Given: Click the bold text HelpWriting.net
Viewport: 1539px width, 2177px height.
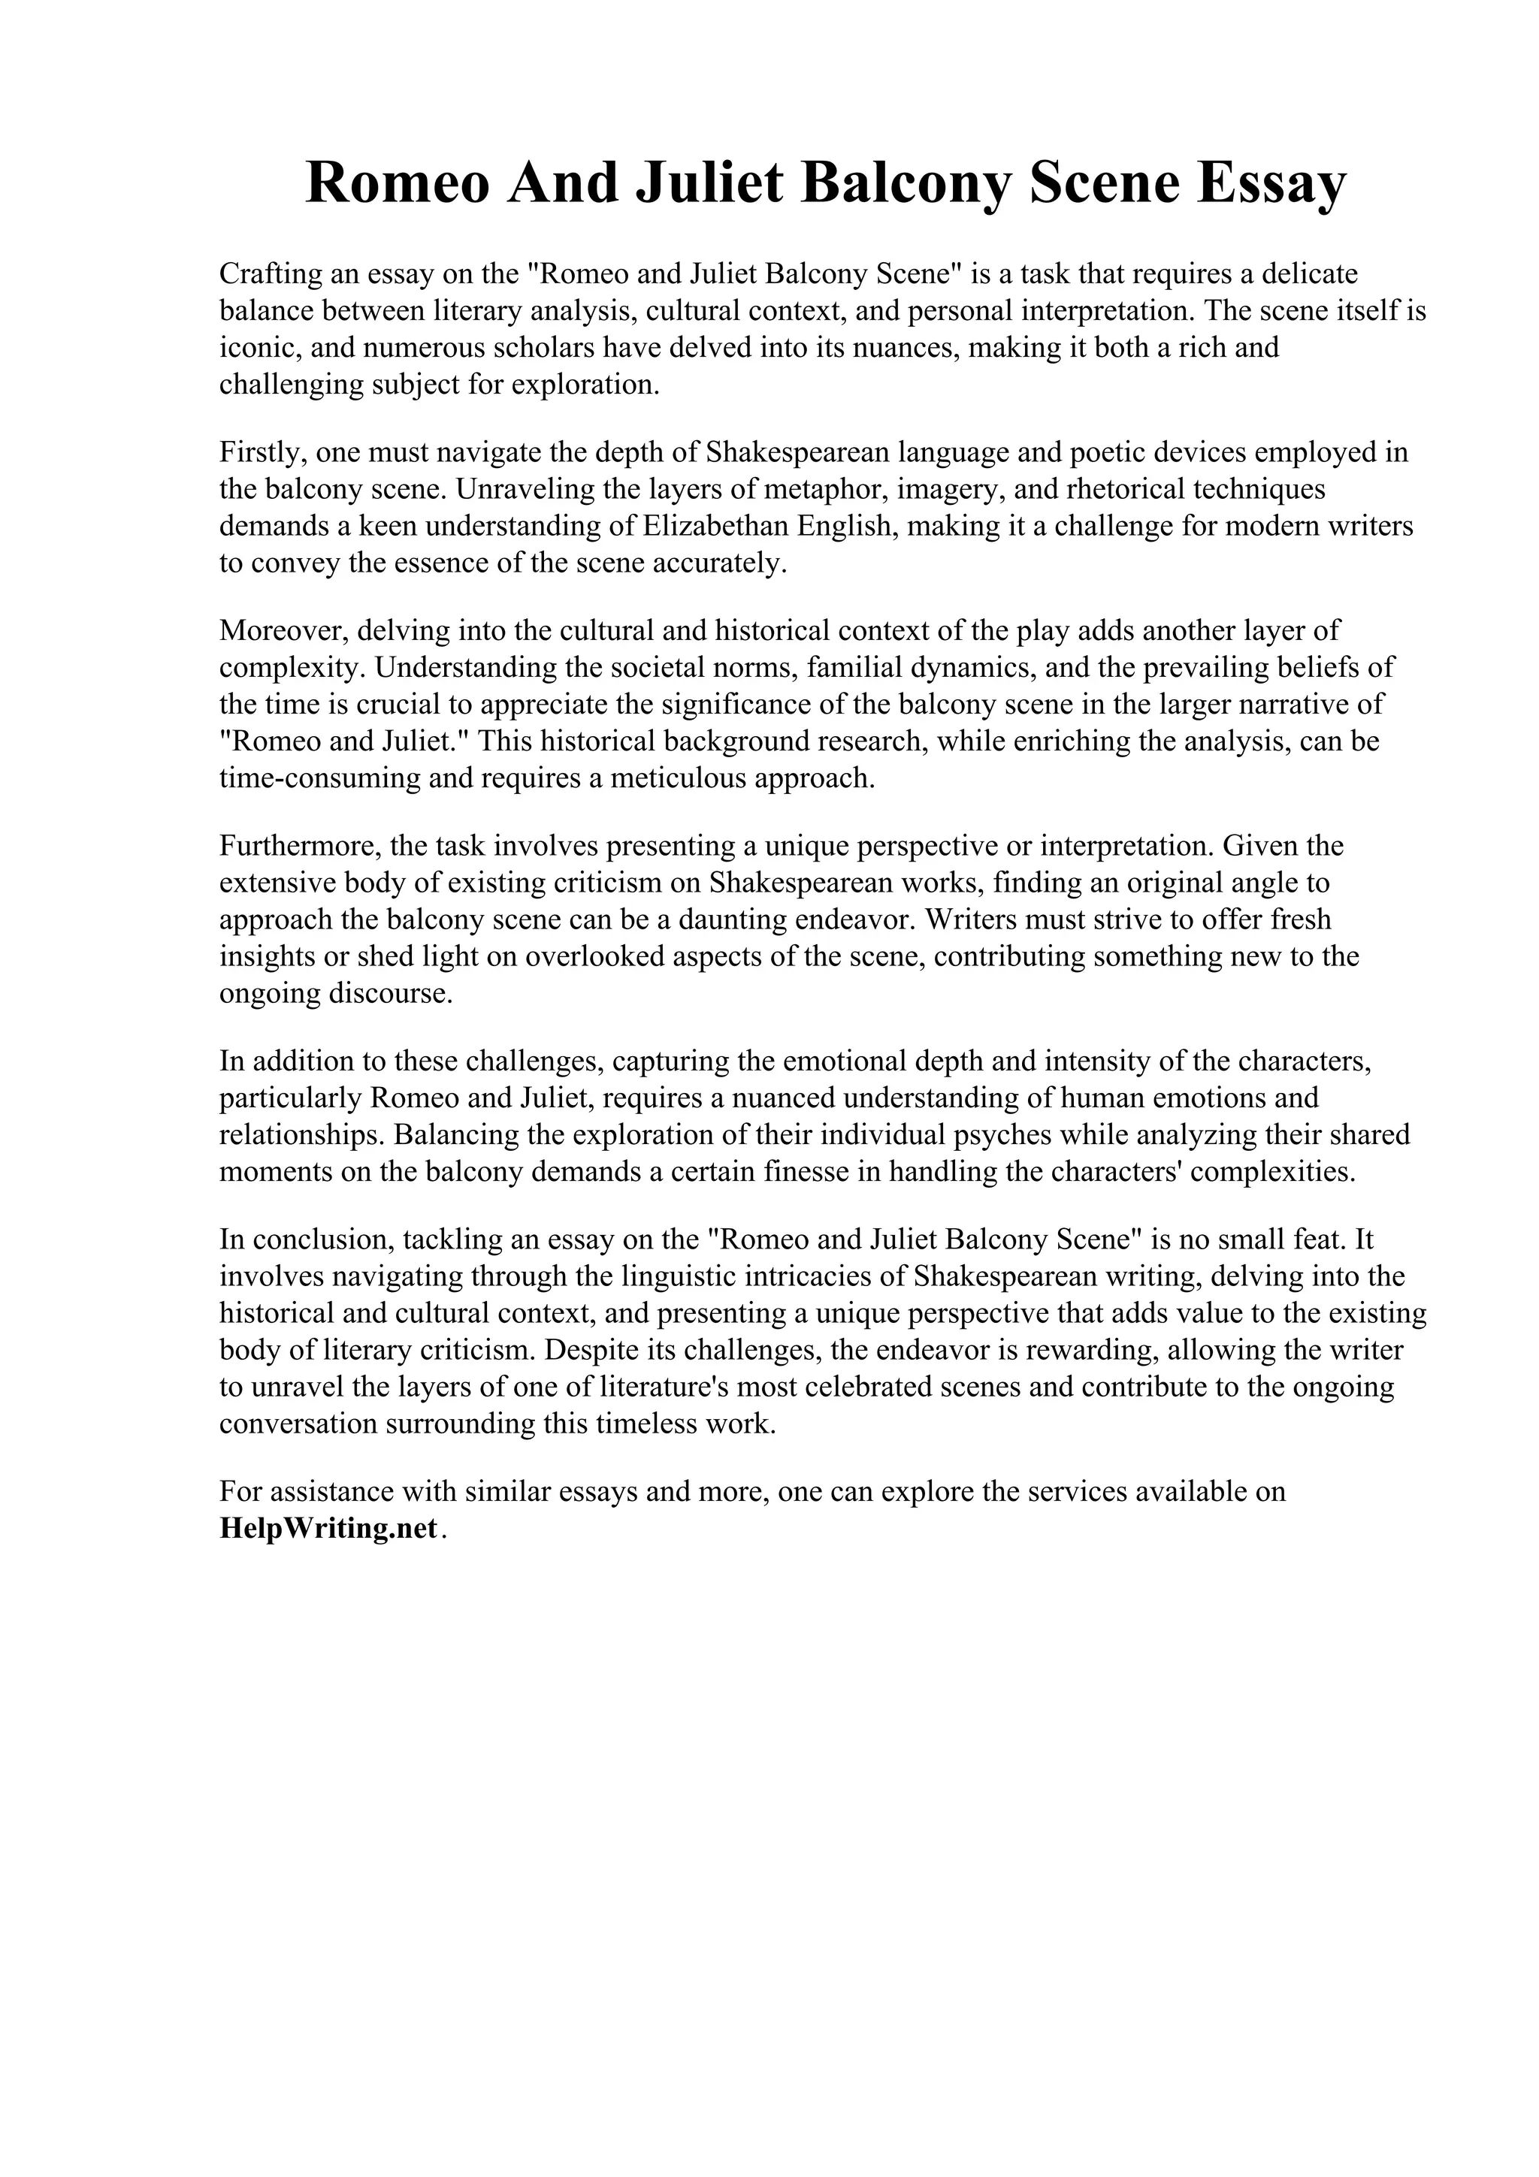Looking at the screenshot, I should (328, 1529).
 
